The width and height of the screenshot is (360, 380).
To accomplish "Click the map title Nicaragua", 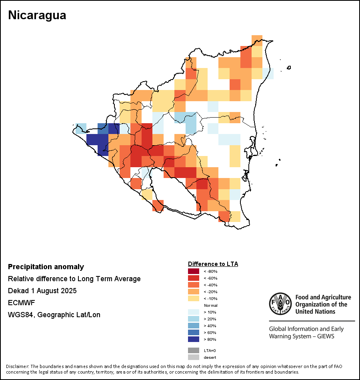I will coord(37,16).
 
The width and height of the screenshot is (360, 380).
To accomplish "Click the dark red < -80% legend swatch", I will coord(194,272).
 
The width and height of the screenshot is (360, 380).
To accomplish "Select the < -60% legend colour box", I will coord(194,278).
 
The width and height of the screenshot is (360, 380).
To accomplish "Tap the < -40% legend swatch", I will coord(194,285).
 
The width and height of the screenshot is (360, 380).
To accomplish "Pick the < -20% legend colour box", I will coord(194,292).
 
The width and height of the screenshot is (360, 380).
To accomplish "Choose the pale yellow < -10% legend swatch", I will coord(194,299).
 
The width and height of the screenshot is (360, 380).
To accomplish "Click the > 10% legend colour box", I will coord(194,312).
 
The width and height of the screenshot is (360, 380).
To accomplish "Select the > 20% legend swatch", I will coord(194,319).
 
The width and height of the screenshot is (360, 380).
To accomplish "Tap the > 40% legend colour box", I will coord(194,326).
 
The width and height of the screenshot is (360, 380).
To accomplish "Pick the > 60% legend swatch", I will coord(194,332).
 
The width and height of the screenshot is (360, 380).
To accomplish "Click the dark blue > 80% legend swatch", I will coord(194,339).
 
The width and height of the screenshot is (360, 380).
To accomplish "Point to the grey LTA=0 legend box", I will coord(194,350).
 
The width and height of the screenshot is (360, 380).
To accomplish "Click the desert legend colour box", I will coord(194,357).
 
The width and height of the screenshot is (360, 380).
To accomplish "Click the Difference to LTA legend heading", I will coord(213,264).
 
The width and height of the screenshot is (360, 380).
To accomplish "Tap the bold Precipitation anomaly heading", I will coord(46,267).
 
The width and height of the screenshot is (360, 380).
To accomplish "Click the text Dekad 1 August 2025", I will coord(42,291).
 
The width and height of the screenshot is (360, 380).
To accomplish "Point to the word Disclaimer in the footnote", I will coord(17,366).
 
